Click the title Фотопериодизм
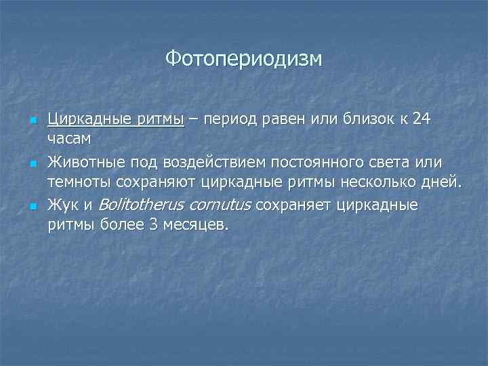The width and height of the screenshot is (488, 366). point(244,59)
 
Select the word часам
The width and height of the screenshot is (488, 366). point(70,138)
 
